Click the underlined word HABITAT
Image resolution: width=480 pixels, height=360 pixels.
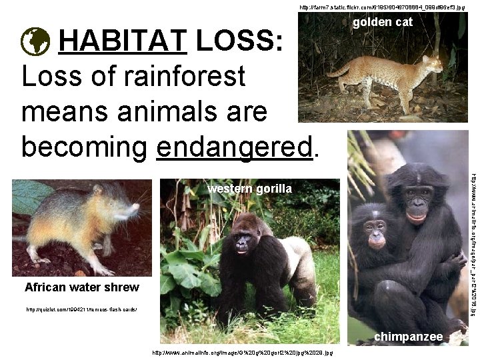pos(123,43)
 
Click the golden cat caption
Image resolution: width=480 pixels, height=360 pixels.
pos(383,22)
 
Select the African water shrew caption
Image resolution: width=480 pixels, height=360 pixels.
pos(81,287)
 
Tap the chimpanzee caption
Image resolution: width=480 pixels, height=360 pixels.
pos(408,337)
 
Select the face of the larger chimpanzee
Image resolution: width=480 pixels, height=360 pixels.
pos(417,203)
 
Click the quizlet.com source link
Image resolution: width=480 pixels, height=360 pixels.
pos(81,310)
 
